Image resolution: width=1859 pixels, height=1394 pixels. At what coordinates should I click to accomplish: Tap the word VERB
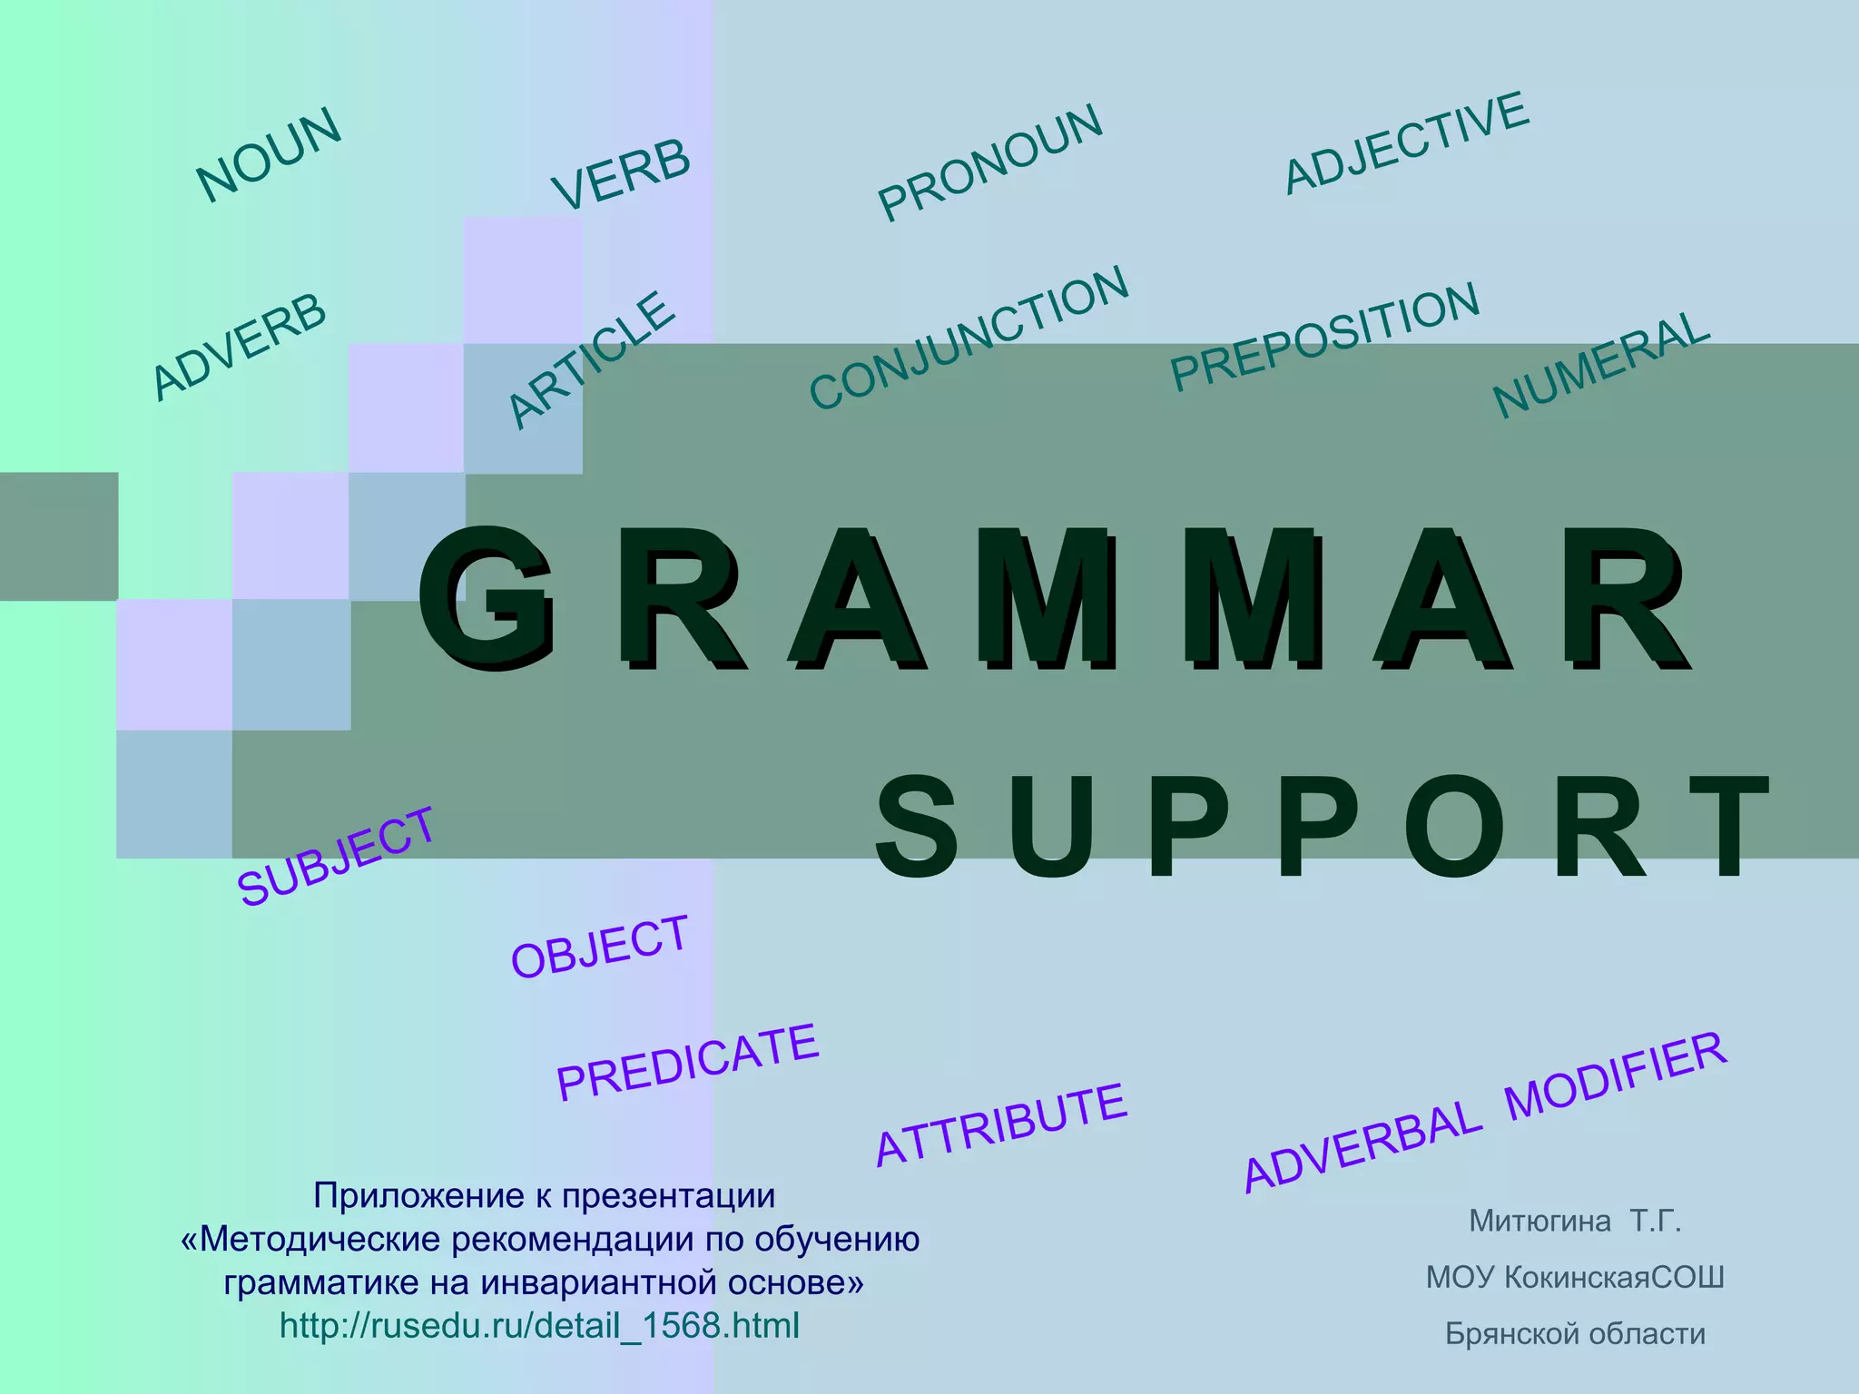[x=622, y=174]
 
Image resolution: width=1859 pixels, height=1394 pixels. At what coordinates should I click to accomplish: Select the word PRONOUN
[x=990, y=162]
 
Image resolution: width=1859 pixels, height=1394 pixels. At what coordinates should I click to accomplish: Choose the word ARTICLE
[x=592, y=359]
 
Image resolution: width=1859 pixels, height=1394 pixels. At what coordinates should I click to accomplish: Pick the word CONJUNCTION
[x=969, y=338]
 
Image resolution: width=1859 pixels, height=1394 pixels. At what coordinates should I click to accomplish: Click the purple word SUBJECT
[x=337, y=856]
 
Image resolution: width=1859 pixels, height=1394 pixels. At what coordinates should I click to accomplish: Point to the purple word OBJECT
[x=600, y=947]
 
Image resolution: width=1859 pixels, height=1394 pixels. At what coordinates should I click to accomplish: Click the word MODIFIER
[x=1617, y=1076]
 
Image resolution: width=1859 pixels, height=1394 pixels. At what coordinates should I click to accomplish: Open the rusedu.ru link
[x=539, y=1326]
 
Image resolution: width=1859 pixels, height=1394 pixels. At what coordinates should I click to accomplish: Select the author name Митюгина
[x=1539, y=1222]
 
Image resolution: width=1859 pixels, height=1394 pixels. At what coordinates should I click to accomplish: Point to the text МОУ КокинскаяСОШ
[x=1575, y=1278]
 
